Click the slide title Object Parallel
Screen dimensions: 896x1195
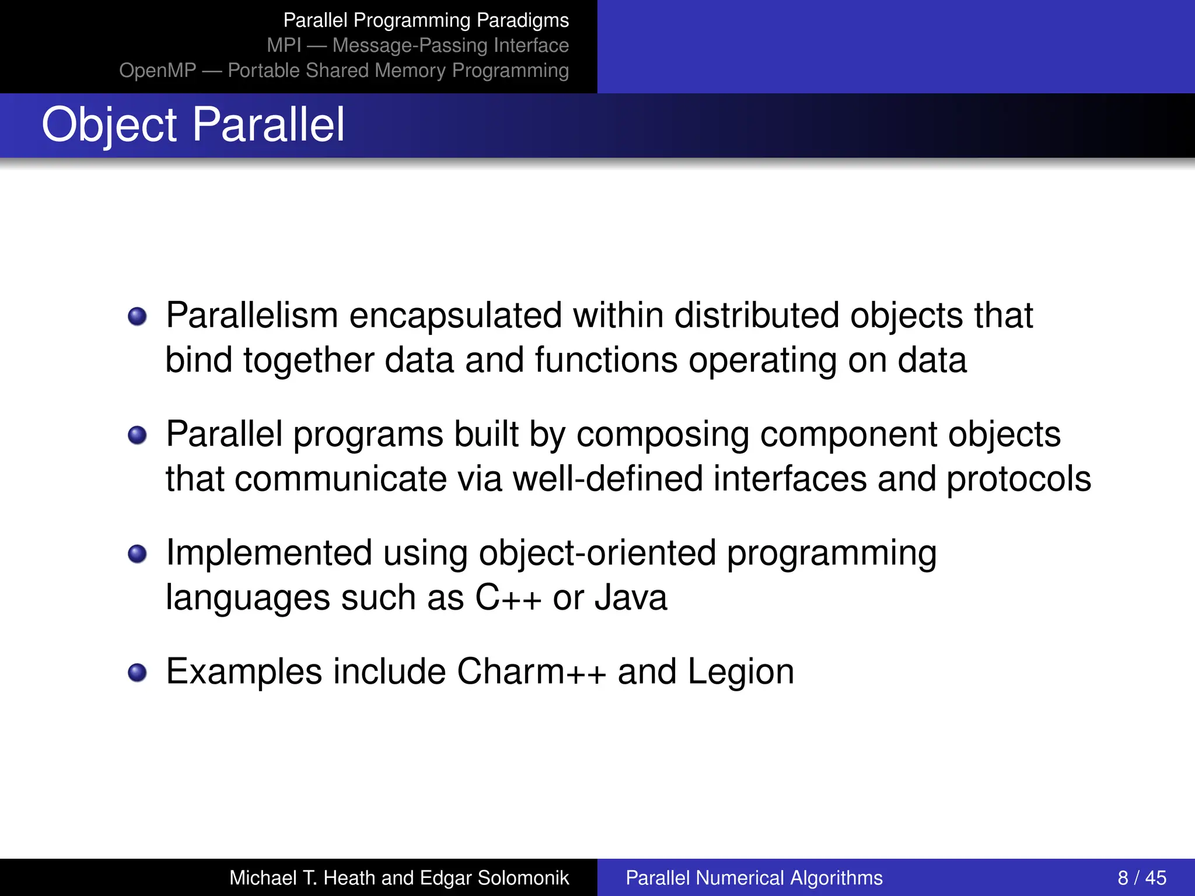[193, 125]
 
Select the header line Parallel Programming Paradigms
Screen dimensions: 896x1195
[426, 20]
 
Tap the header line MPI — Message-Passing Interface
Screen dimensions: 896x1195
[418, 45]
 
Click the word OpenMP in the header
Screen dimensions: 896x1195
[158, 71]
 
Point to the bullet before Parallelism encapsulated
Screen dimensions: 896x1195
[137, 317]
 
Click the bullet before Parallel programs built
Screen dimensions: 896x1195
[137, 435]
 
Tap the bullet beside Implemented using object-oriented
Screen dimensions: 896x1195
[137, 554]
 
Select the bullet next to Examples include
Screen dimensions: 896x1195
[137, 673]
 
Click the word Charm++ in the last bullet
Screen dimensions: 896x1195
[532, 671]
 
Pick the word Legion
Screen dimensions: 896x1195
[740, 673]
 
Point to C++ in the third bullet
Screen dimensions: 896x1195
[508, 598]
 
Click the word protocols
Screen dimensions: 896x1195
[1018, 480]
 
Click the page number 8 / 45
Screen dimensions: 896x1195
[1141, 878]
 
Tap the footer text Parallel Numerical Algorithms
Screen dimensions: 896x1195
[754, 878]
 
